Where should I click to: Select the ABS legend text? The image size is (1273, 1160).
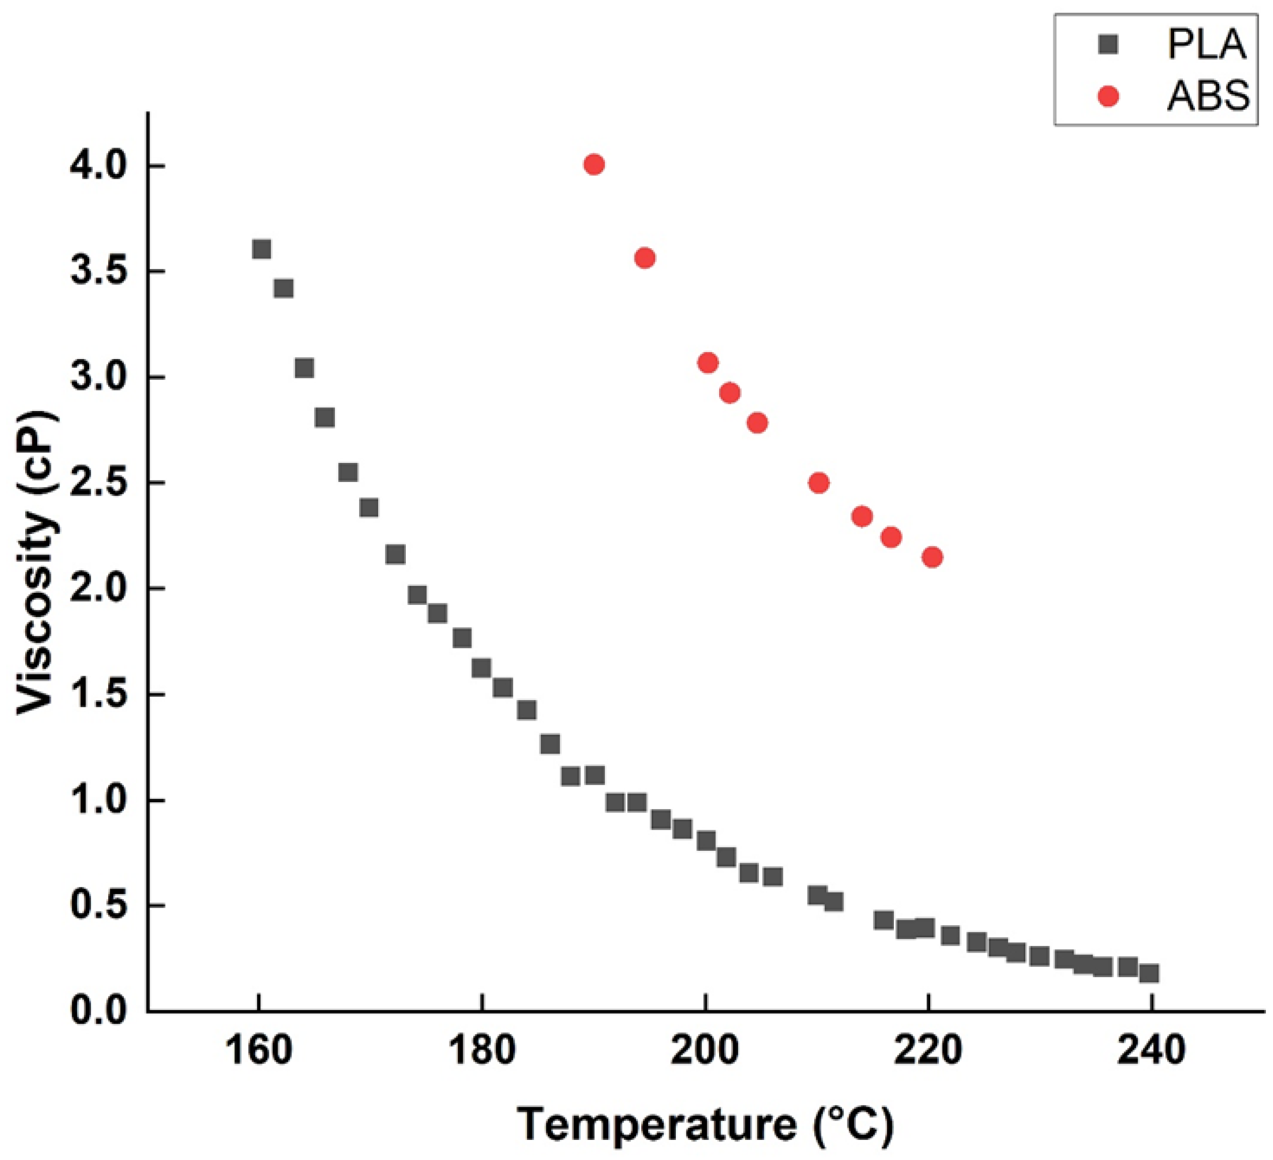1208,97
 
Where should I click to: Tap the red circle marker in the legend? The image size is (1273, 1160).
1108,97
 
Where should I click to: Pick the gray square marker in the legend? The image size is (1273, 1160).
1108,45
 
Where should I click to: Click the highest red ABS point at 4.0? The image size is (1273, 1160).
594,165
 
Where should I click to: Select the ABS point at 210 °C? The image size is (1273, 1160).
818,483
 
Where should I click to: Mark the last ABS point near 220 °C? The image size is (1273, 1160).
932,557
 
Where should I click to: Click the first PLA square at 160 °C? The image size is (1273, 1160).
261,249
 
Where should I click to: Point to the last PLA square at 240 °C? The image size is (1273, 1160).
1149,973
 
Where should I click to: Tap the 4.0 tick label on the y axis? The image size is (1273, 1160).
95,166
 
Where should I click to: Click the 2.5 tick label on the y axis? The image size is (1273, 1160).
95,483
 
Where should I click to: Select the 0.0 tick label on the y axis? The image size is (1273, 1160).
95,1011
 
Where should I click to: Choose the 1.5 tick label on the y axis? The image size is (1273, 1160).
95,695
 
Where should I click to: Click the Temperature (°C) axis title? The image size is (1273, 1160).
705,1125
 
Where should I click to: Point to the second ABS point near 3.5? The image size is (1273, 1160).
644,257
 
